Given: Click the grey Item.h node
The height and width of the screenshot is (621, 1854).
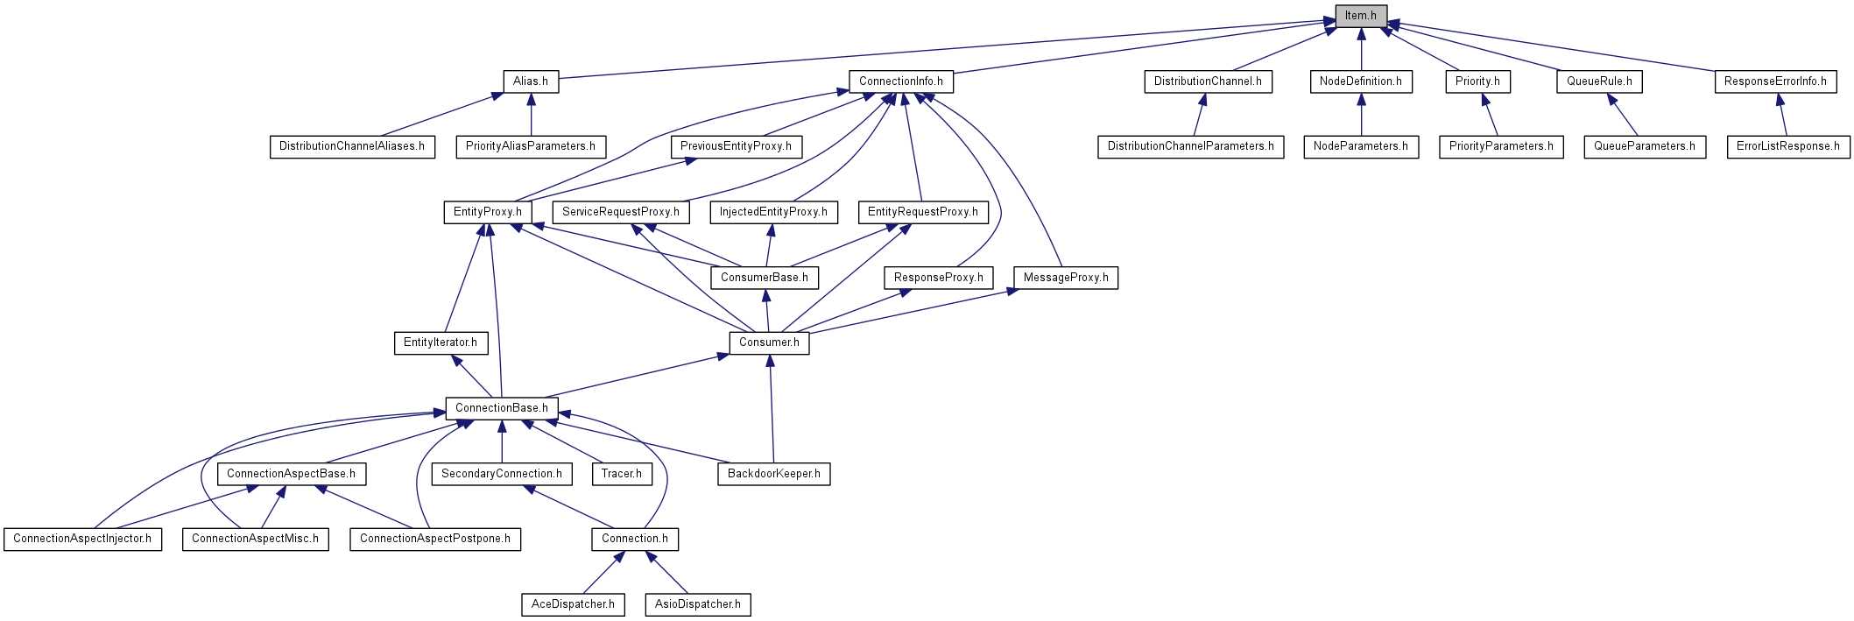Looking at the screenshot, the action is [1361, 16].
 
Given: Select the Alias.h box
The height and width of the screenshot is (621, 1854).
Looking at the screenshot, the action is [531, 81].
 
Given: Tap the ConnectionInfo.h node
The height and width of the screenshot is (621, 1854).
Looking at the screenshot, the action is [901, 81].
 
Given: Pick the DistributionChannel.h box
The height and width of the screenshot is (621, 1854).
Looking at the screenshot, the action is [1208, 81].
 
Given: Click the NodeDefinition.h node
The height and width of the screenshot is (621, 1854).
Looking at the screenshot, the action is [1361, 81].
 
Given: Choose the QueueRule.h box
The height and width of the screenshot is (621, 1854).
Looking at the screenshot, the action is [1599, 81].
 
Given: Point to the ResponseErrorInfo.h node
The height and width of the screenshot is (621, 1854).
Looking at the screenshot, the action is [1775, 81].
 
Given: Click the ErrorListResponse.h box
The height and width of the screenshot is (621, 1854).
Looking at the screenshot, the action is [1788, 146].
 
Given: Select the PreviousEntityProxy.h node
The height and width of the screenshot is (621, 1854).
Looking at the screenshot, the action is [736, 146].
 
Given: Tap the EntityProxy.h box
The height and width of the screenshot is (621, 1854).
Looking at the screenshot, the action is [488, 212].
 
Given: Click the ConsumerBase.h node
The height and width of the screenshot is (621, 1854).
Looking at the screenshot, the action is [765, 278].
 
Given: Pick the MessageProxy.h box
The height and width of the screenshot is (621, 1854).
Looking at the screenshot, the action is [1066, 278].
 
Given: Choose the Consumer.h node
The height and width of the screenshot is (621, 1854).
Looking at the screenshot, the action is [769, 342].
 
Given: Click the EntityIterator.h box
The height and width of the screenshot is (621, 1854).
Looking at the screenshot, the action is [441, 342].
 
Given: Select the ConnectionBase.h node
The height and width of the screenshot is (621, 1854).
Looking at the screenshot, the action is [502, 408].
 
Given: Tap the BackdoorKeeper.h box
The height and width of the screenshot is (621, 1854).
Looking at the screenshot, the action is [774, 474].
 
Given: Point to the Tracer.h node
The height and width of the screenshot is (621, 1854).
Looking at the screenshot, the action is [622, 474].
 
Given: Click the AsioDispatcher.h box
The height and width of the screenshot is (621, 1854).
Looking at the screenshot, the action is [698, 604].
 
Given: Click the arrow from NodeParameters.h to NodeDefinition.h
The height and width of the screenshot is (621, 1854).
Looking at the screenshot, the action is [1361, 115].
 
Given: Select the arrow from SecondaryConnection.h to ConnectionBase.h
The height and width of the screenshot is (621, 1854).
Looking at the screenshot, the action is [502, 441].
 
